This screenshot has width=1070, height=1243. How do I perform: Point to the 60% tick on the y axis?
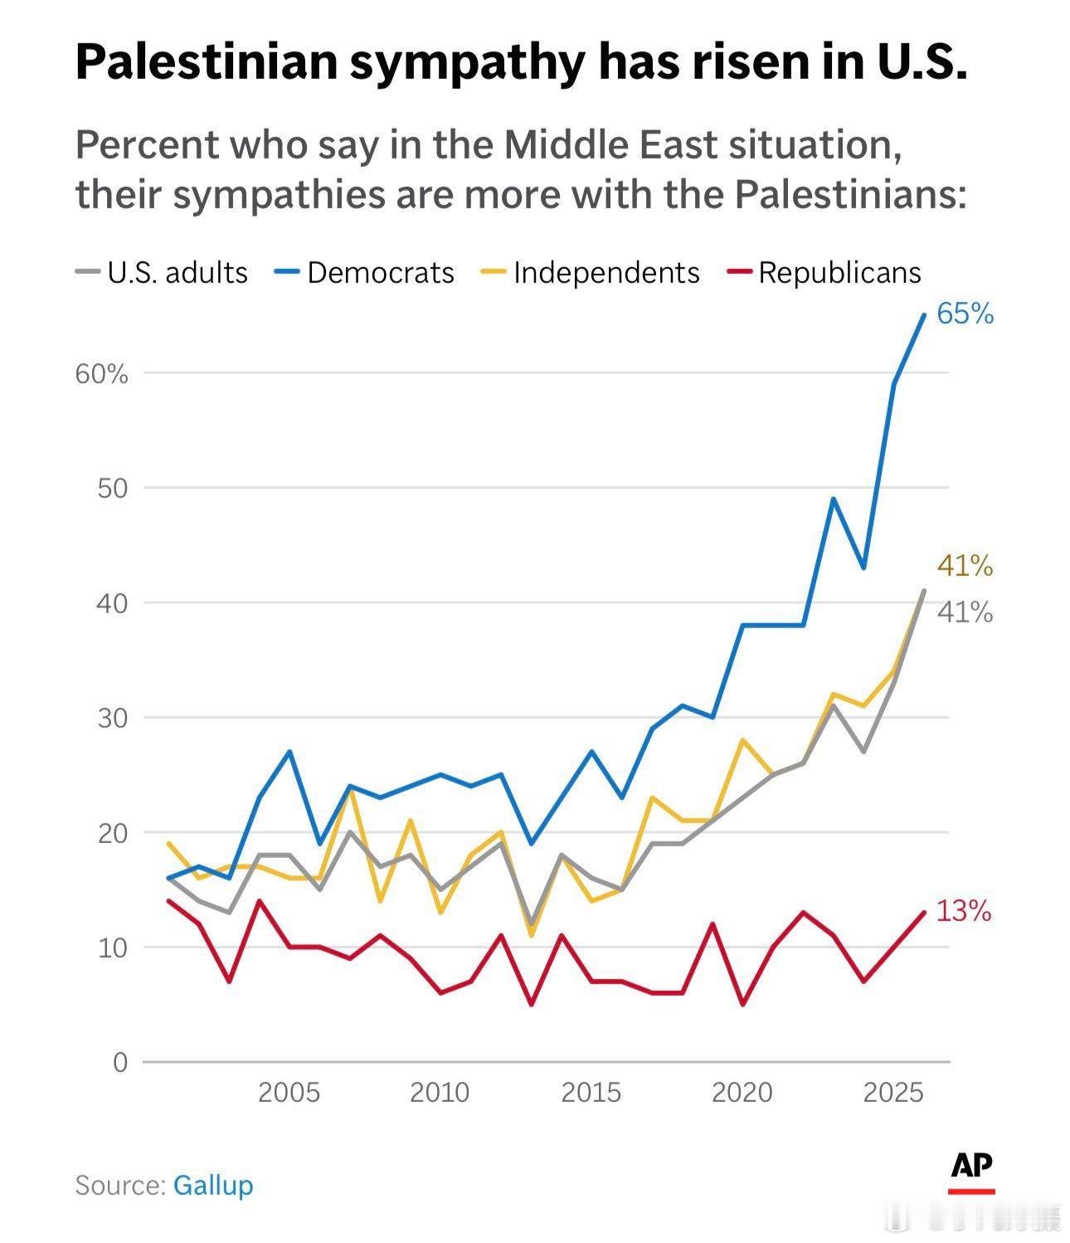click(102, 374)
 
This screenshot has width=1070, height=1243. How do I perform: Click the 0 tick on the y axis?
click(121, 1062)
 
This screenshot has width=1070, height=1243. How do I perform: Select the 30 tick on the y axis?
click(113, 718)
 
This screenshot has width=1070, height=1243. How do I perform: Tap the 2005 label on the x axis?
click(289, 1092)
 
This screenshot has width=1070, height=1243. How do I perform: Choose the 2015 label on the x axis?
click(591, 1092)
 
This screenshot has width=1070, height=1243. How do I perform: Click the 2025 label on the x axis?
click(893, 1092)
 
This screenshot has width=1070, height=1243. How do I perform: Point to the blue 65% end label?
click(965, 314)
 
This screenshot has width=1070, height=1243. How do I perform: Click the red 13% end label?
click(964, 911)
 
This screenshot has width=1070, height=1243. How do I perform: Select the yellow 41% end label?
click(965, 566)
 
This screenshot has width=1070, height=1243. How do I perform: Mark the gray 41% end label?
click(965, 612)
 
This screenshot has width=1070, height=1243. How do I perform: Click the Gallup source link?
click(213, 1185)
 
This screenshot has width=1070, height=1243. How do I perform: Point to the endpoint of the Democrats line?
click(924, 314)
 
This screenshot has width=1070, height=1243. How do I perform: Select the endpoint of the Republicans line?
click(924, 912)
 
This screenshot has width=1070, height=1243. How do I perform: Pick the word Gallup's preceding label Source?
click(120, 1185)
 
